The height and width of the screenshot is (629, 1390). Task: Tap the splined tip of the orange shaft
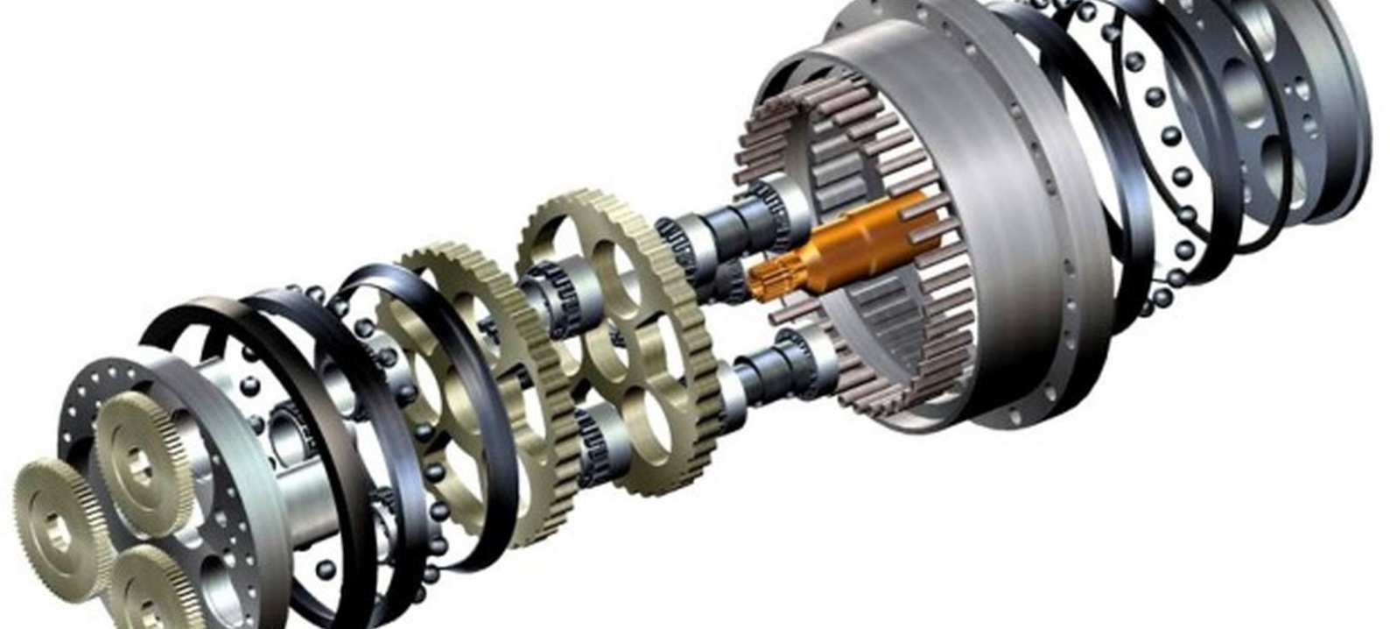(x=763, y=282)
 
